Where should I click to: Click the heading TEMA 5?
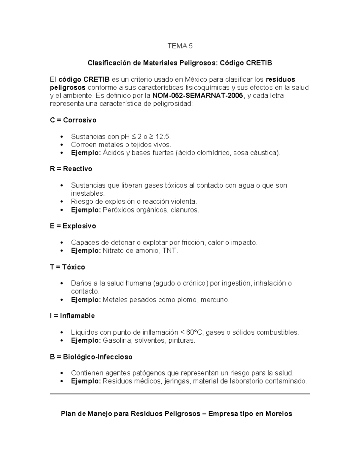(x=180, y=46)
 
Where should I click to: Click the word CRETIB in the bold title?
(x=259, y=63)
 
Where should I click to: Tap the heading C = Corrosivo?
(x=73, y=120)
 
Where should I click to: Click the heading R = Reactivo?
(x=71, y=169)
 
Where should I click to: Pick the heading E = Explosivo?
(x=73, y=226)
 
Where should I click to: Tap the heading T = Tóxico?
(x=67, y=267)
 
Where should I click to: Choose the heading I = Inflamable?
(x=72, y=316)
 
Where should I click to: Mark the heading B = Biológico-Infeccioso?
(x=91, y=357)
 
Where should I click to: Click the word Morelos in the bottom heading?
(x=278, y=414)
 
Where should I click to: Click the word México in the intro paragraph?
(x=196, y=80)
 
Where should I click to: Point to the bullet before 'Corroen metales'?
(x=62, y=145)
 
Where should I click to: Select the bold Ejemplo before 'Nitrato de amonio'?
(x=86, y=251)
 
